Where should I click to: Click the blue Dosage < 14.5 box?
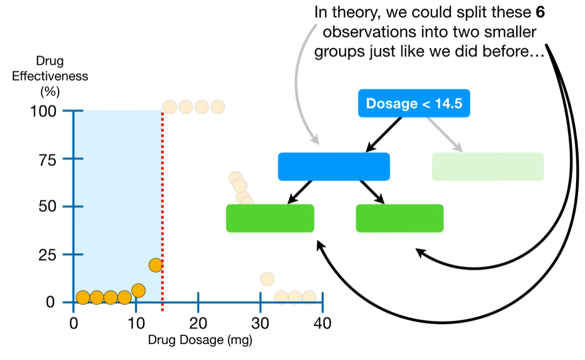(x=414, y=103)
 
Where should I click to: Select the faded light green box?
(x=488, y=167)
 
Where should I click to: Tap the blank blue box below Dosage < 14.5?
(x=333, y=167)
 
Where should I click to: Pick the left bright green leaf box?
(x=270, y=218)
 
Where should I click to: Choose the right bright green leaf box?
(x=400, y=218)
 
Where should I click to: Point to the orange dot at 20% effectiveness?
(x=155, y=265)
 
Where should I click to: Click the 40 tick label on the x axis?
(x=322, y=323)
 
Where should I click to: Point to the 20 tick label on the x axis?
(x=198, y=323)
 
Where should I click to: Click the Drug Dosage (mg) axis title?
(x=200, y=340)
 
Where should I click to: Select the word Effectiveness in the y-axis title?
(x=50, y=76)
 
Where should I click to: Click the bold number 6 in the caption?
(x=540, y=12)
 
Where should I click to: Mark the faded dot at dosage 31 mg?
(x=267, y=279)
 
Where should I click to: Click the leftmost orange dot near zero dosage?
(x=82, y=298)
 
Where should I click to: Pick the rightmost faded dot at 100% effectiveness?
(x=217, y=107)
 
